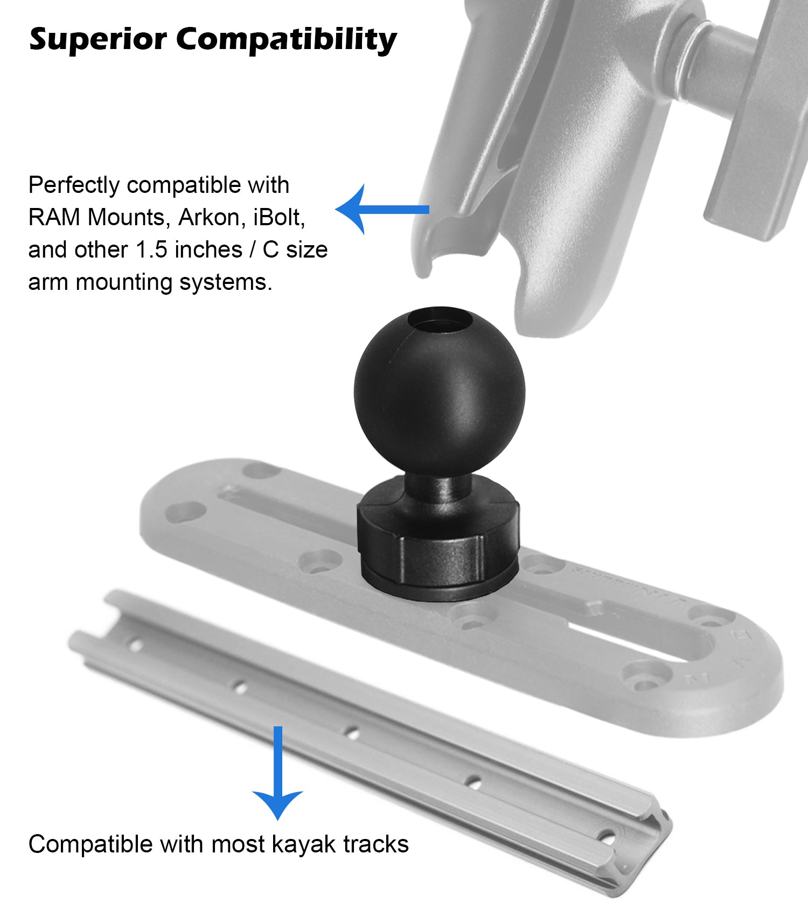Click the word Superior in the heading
point(98,40)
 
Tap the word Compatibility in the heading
point(287,40)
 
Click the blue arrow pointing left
point(382,209)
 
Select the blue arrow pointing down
point(278,773)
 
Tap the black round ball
point(439,392)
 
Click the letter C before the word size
point(270,249)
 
